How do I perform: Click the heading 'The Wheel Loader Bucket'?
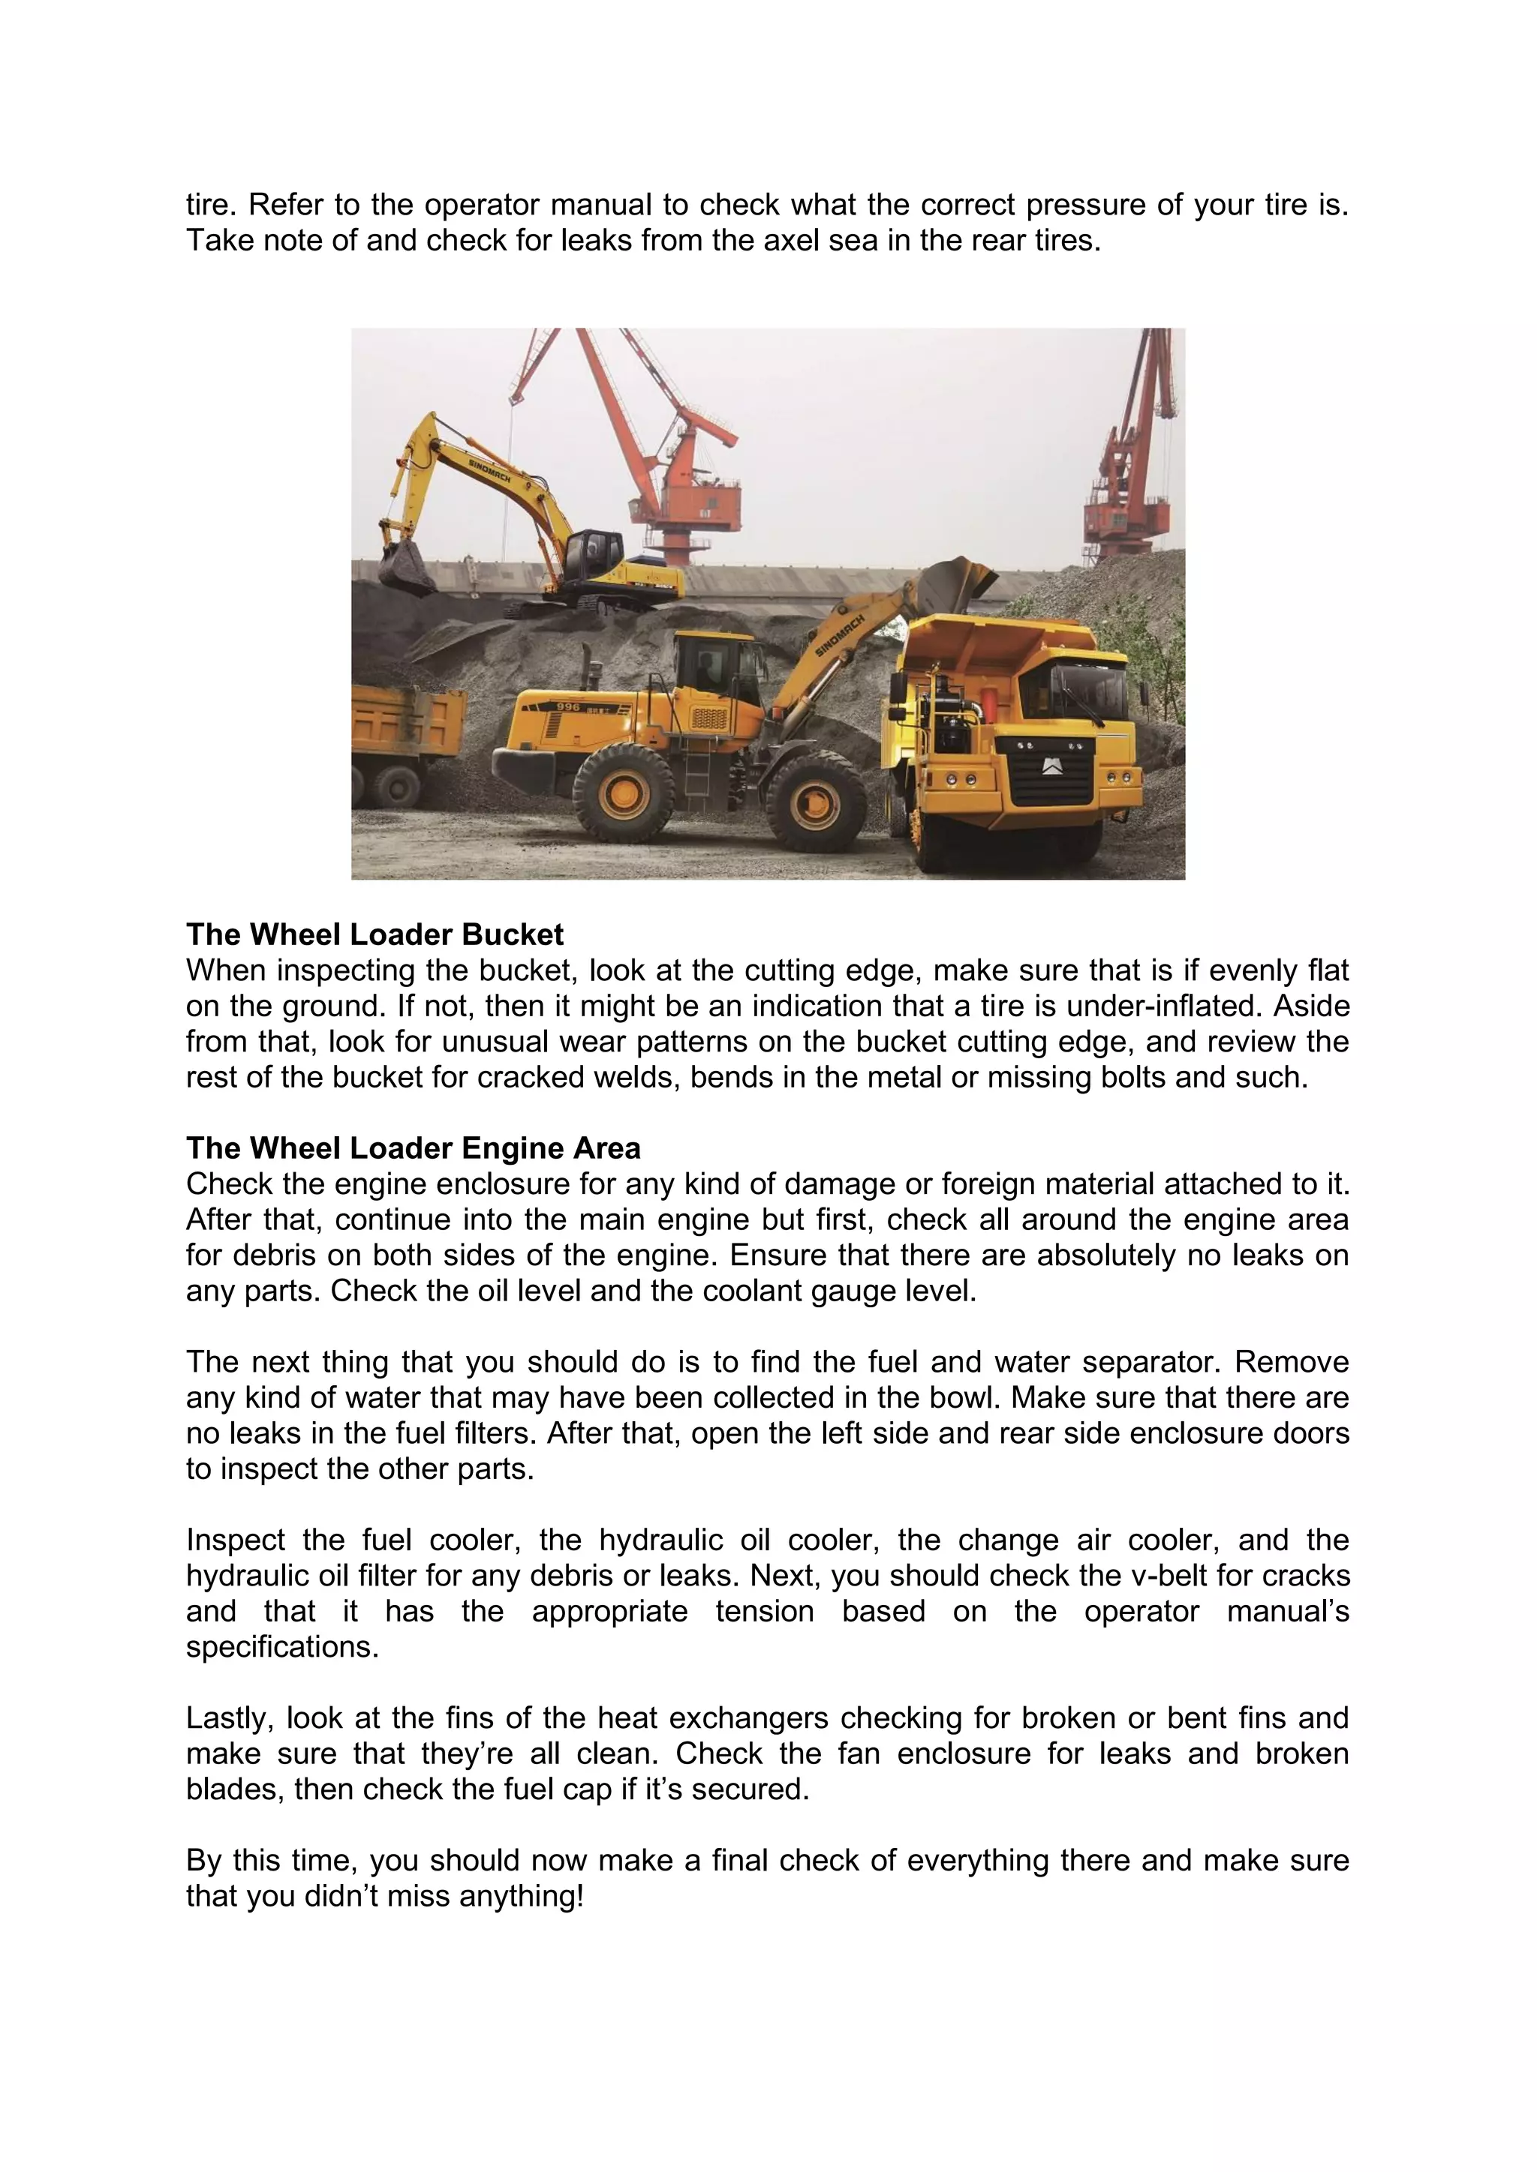[x=374, y=934]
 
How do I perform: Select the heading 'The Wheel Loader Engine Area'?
[x=413, y=1147]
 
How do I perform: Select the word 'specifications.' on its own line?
[x=282, y=1647]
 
